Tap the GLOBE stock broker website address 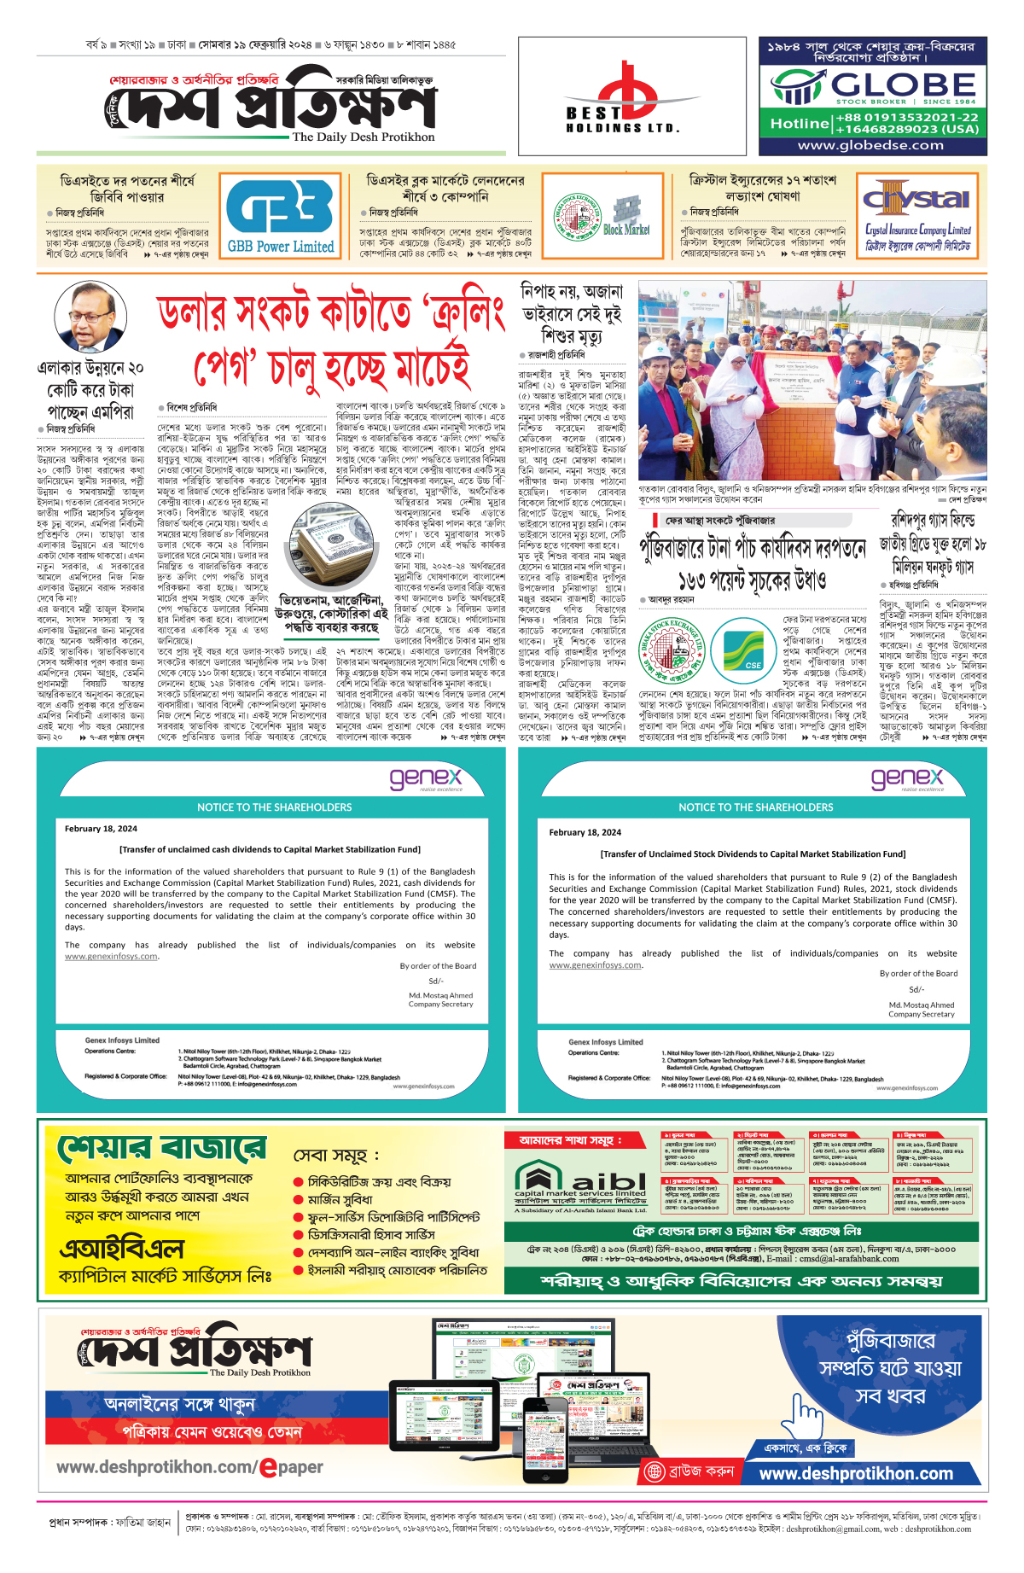(x=870, y=145)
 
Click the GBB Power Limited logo (x=280, y=216)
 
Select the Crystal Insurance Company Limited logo (x=917, y=216)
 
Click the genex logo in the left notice (x=425, y=779)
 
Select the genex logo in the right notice (x=906, y=779)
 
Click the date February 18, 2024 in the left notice (x=101, y=829)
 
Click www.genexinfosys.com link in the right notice (x=595, y=965)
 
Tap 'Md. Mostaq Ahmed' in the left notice (x=440, y=995)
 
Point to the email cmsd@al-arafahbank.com (x=848, y=1258)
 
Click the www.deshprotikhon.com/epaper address (x=189, y=1467)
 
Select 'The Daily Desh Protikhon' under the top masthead (x=364, y=137)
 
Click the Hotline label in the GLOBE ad (x=799, y=124)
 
